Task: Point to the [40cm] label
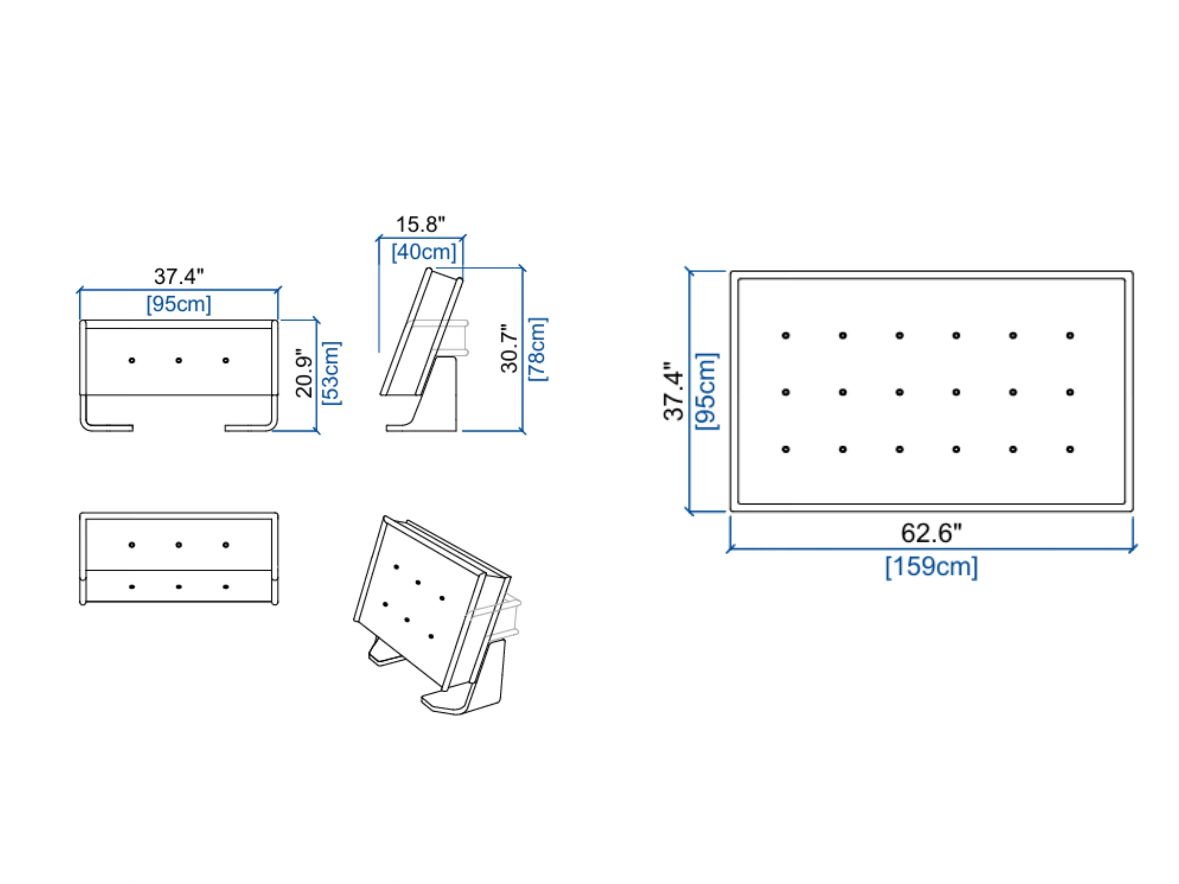point(424,252)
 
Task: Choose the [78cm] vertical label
point(537,349)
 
